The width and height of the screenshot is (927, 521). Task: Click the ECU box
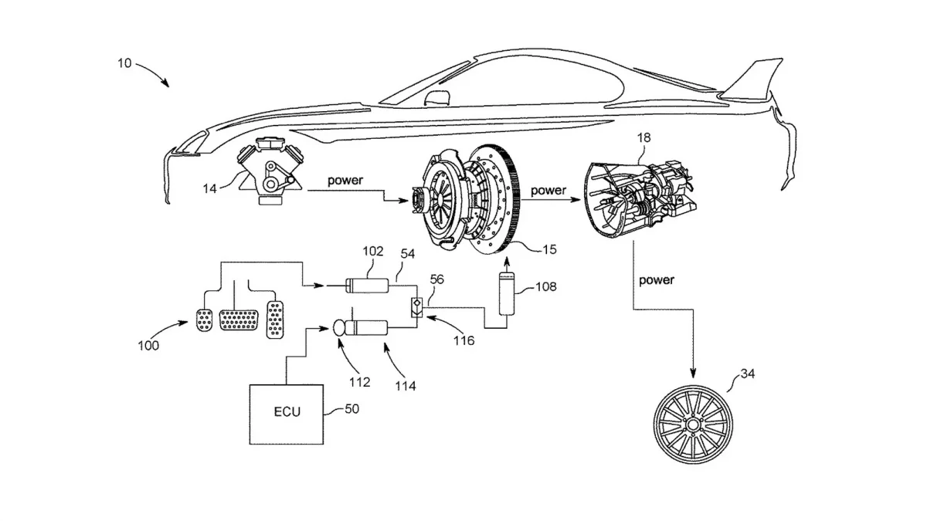pyautogui.click(x=286, y=413)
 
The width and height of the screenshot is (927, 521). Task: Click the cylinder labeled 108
pyautogui.click(x=508, y=293)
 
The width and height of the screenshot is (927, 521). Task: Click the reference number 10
pyautogui.click(x=124, y=63)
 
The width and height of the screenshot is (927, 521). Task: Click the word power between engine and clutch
pyautogui.click(x=345, y=181)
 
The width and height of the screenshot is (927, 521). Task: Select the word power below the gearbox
pyautogui.click(x=656, y=280)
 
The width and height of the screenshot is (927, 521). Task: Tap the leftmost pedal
pyautogui.click(x=204, y=320)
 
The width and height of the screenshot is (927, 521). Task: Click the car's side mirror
pyautogui.click(x=438, y=98)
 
